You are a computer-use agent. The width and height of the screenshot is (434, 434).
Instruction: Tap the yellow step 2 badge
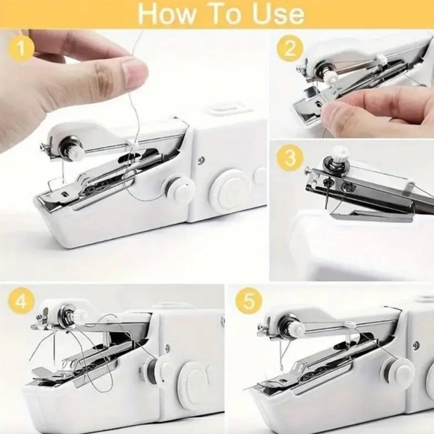pyautogui.click(x=290, y=49)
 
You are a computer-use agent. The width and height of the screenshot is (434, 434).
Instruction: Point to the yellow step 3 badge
pyautogui.click(x=290, y=159)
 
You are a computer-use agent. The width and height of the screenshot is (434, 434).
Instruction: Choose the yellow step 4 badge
pyautogui.click(x=22, y=302)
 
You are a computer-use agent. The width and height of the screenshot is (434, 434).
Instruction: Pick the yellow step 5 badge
pyautogui.click(x=248, y=302)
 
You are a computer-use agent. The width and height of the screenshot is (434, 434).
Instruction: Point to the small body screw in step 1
pyautogui.click(x=200, y=159)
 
